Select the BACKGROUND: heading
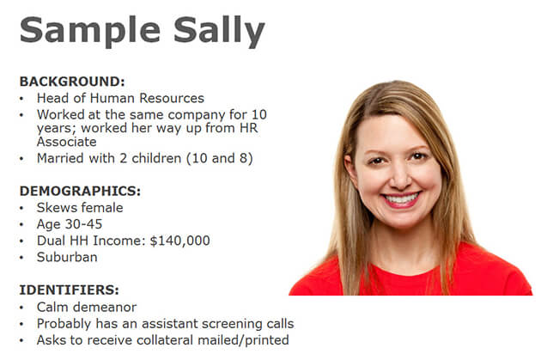click(x=72, y=82)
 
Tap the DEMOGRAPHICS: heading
click(x=80, y=192)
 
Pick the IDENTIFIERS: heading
click(x=69, y=290)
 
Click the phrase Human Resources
click(x=147, y=98)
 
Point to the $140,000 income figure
click(x=179, y=241)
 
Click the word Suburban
click(x=67, y=257)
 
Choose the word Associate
click(x=67, y=142)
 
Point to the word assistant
click(x=169, y=324)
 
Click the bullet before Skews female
click(x=21, y=209)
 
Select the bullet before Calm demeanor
click(x=21, y=308)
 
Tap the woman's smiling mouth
click(x=401, y=199)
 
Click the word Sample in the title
click(x=90, y=32)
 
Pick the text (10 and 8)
click(x=220, y=158)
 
